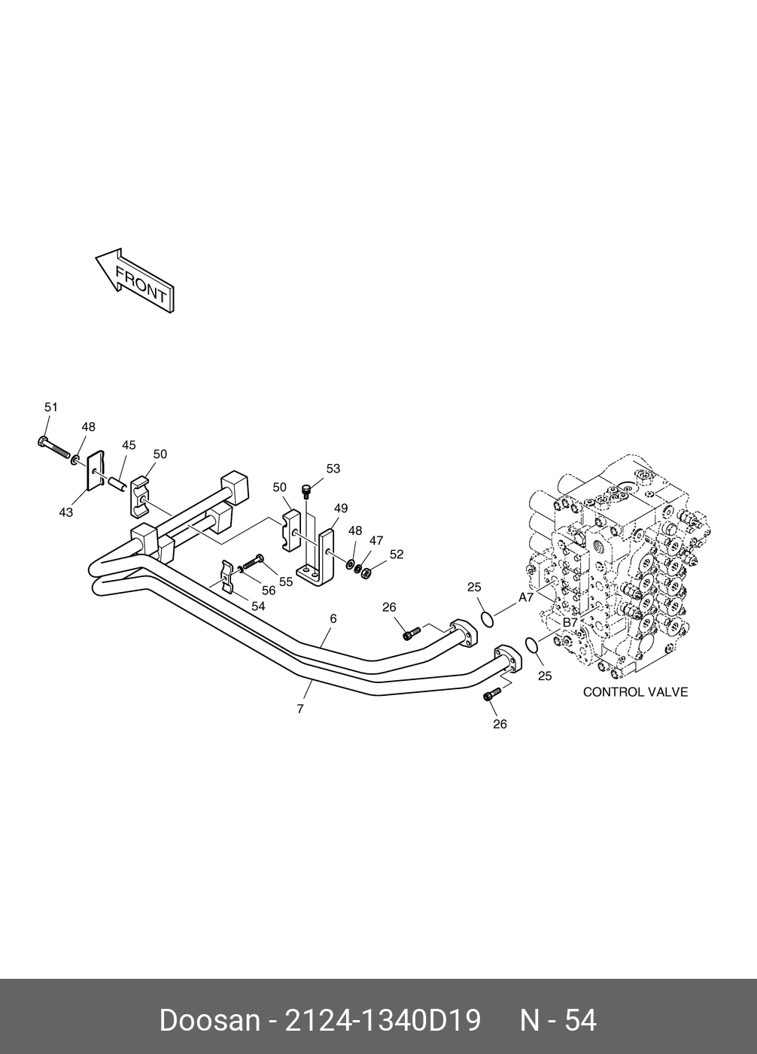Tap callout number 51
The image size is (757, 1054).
(50, 407)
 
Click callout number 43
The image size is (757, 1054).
(66, 512)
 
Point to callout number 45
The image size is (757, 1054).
(129, 445)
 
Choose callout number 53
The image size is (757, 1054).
(333, 469)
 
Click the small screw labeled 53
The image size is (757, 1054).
(306, 491)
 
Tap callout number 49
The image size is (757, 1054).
(341, 509)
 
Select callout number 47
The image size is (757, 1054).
(376, 540)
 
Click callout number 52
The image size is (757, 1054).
(397, 554)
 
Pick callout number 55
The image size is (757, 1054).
(286, 582)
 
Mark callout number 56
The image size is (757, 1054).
(268, 591)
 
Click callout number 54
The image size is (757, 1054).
(258, 606)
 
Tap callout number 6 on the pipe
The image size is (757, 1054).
(333, 618)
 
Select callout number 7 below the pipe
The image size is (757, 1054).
(300, 709)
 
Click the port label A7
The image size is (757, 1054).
(526, 597)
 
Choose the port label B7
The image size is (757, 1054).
(570, 623)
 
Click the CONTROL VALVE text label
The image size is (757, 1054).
(635, 692)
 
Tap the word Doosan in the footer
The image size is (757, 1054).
(208, 1021)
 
